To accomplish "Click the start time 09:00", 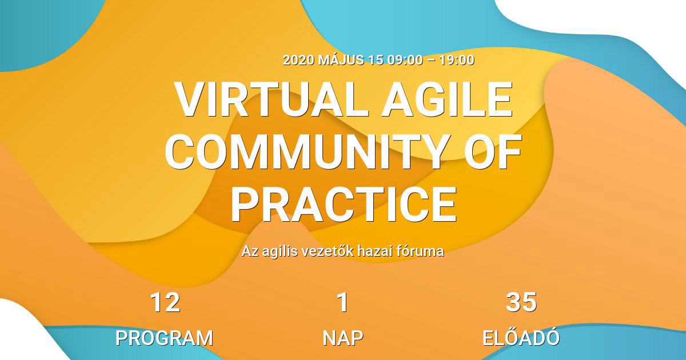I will click(404, 60).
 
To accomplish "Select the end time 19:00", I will click(456, 60).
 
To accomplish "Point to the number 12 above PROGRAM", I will click(165, 303).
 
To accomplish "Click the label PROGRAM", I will click(164, 338).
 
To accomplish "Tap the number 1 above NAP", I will click(342, 303).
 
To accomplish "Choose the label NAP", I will click(342, 338).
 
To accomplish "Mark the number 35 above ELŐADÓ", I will click(521, 303).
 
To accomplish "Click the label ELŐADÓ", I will click(521, 337).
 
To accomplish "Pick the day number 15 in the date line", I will click(376, 60).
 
